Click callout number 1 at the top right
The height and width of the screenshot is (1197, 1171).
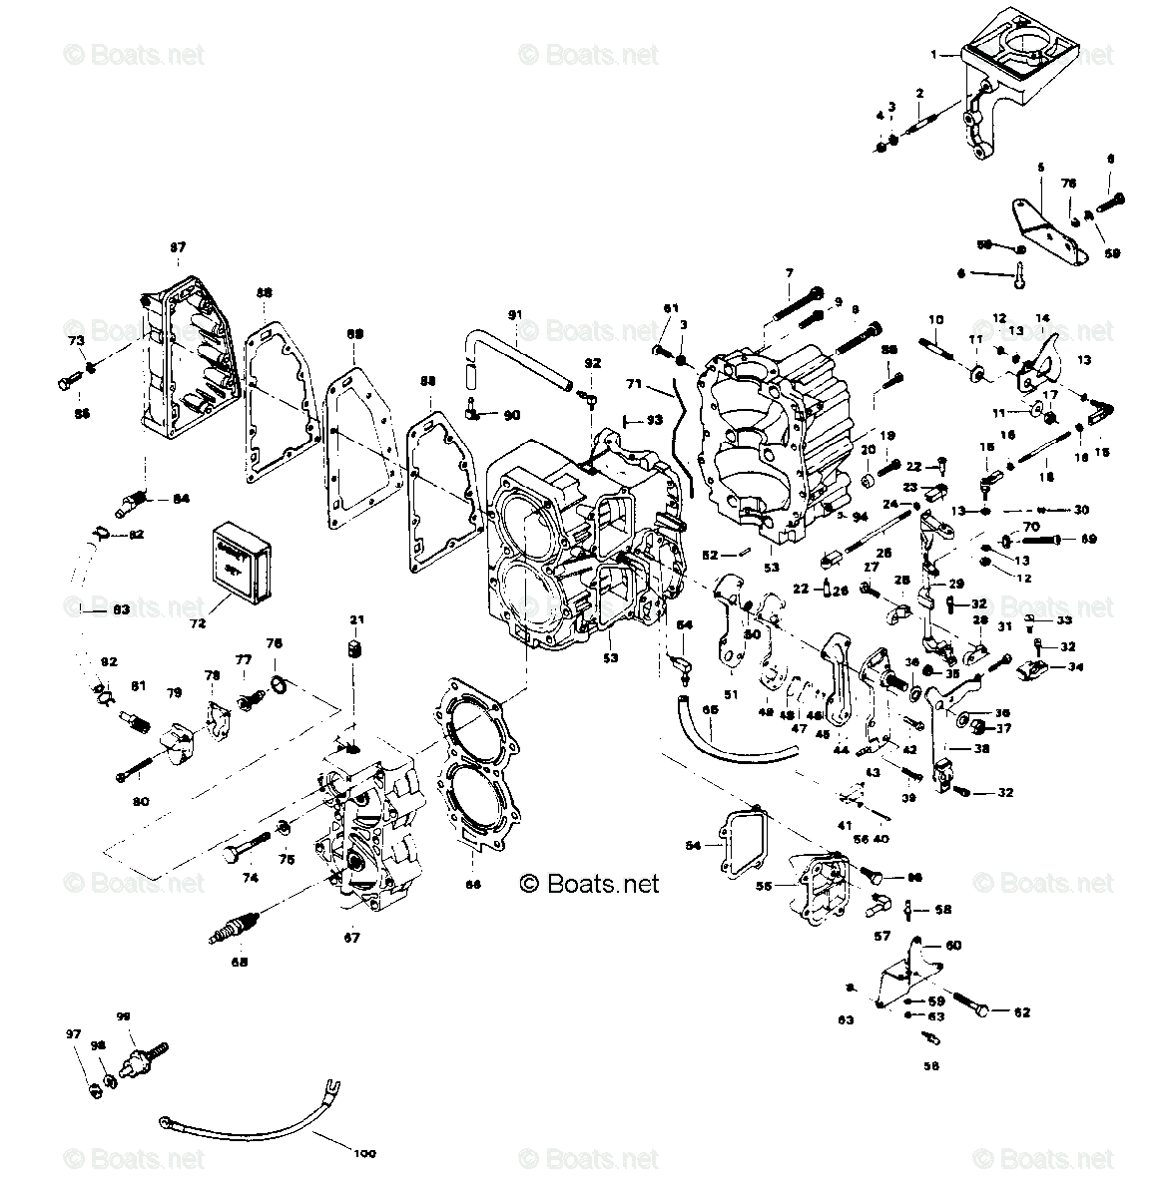tap(935, 56)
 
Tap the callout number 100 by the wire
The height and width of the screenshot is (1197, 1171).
tap(365, 1153)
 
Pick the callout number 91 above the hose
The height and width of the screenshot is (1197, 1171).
tap(514, 315)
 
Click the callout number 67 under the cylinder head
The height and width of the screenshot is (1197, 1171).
tap(351, 938)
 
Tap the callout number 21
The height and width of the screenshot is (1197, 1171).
tap(352, 620)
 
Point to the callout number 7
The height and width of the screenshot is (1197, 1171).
tap(789, 272)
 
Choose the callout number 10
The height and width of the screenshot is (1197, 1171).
tap(935, 319)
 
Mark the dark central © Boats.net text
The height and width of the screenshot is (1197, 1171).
tap(590, 883)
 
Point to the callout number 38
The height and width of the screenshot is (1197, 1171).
tap(982, 748)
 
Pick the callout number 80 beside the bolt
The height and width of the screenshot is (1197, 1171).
tap(140, 801)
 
